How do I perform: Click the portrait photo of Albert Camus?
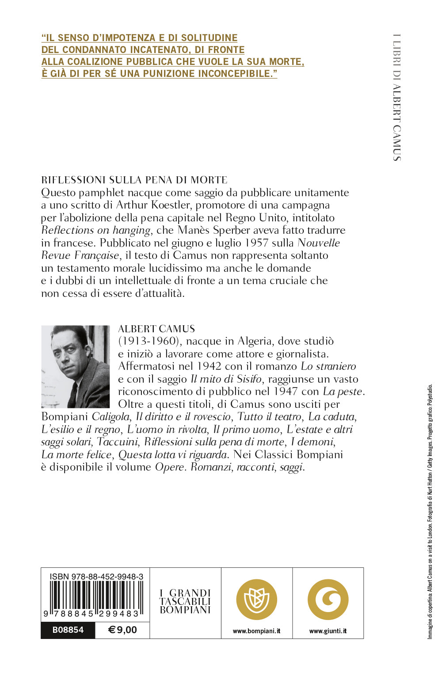(x=75, y=366)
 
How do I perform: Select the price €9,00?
(x=122, y=630)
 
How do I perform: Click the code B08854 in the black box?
(x=68, y=630)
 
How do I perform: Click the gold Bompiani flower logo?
(x=256, y=600)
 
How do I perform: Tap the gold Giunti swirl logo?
(x=328, y=600)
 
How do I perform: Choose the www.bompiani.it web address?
(x=256, y=631)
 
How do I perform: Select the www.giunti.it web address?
(x=328, y=631)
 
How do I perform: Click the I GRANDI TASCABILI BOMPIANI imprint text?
(x=185, y=601)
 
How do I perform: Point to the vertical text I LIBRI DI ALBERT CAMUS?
(x=396, y=97)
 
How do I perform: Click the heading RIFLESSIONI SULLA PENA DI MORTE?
(x=134, y=180)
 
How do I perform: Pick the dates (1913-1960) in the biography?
(x=151, y=341)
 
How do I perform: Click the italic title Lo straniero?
(x=328, y=366)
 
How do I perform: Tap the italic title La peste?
(x=343, y=392)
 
